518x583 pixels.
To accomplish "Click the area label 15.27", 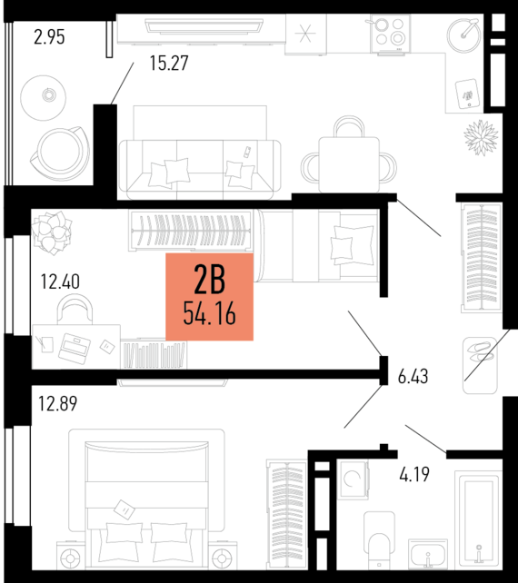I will pyautogui.click(x=173, y=64).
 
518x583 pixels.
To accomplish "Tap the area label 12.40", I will pyautogui.click(x=59, y=282).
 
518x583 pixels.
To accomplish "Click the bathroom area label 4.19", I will pyautogui.click(x=414, y=472).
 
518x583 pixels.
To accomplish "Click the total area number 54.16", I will pyautogui.click(x=209, y=314).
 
